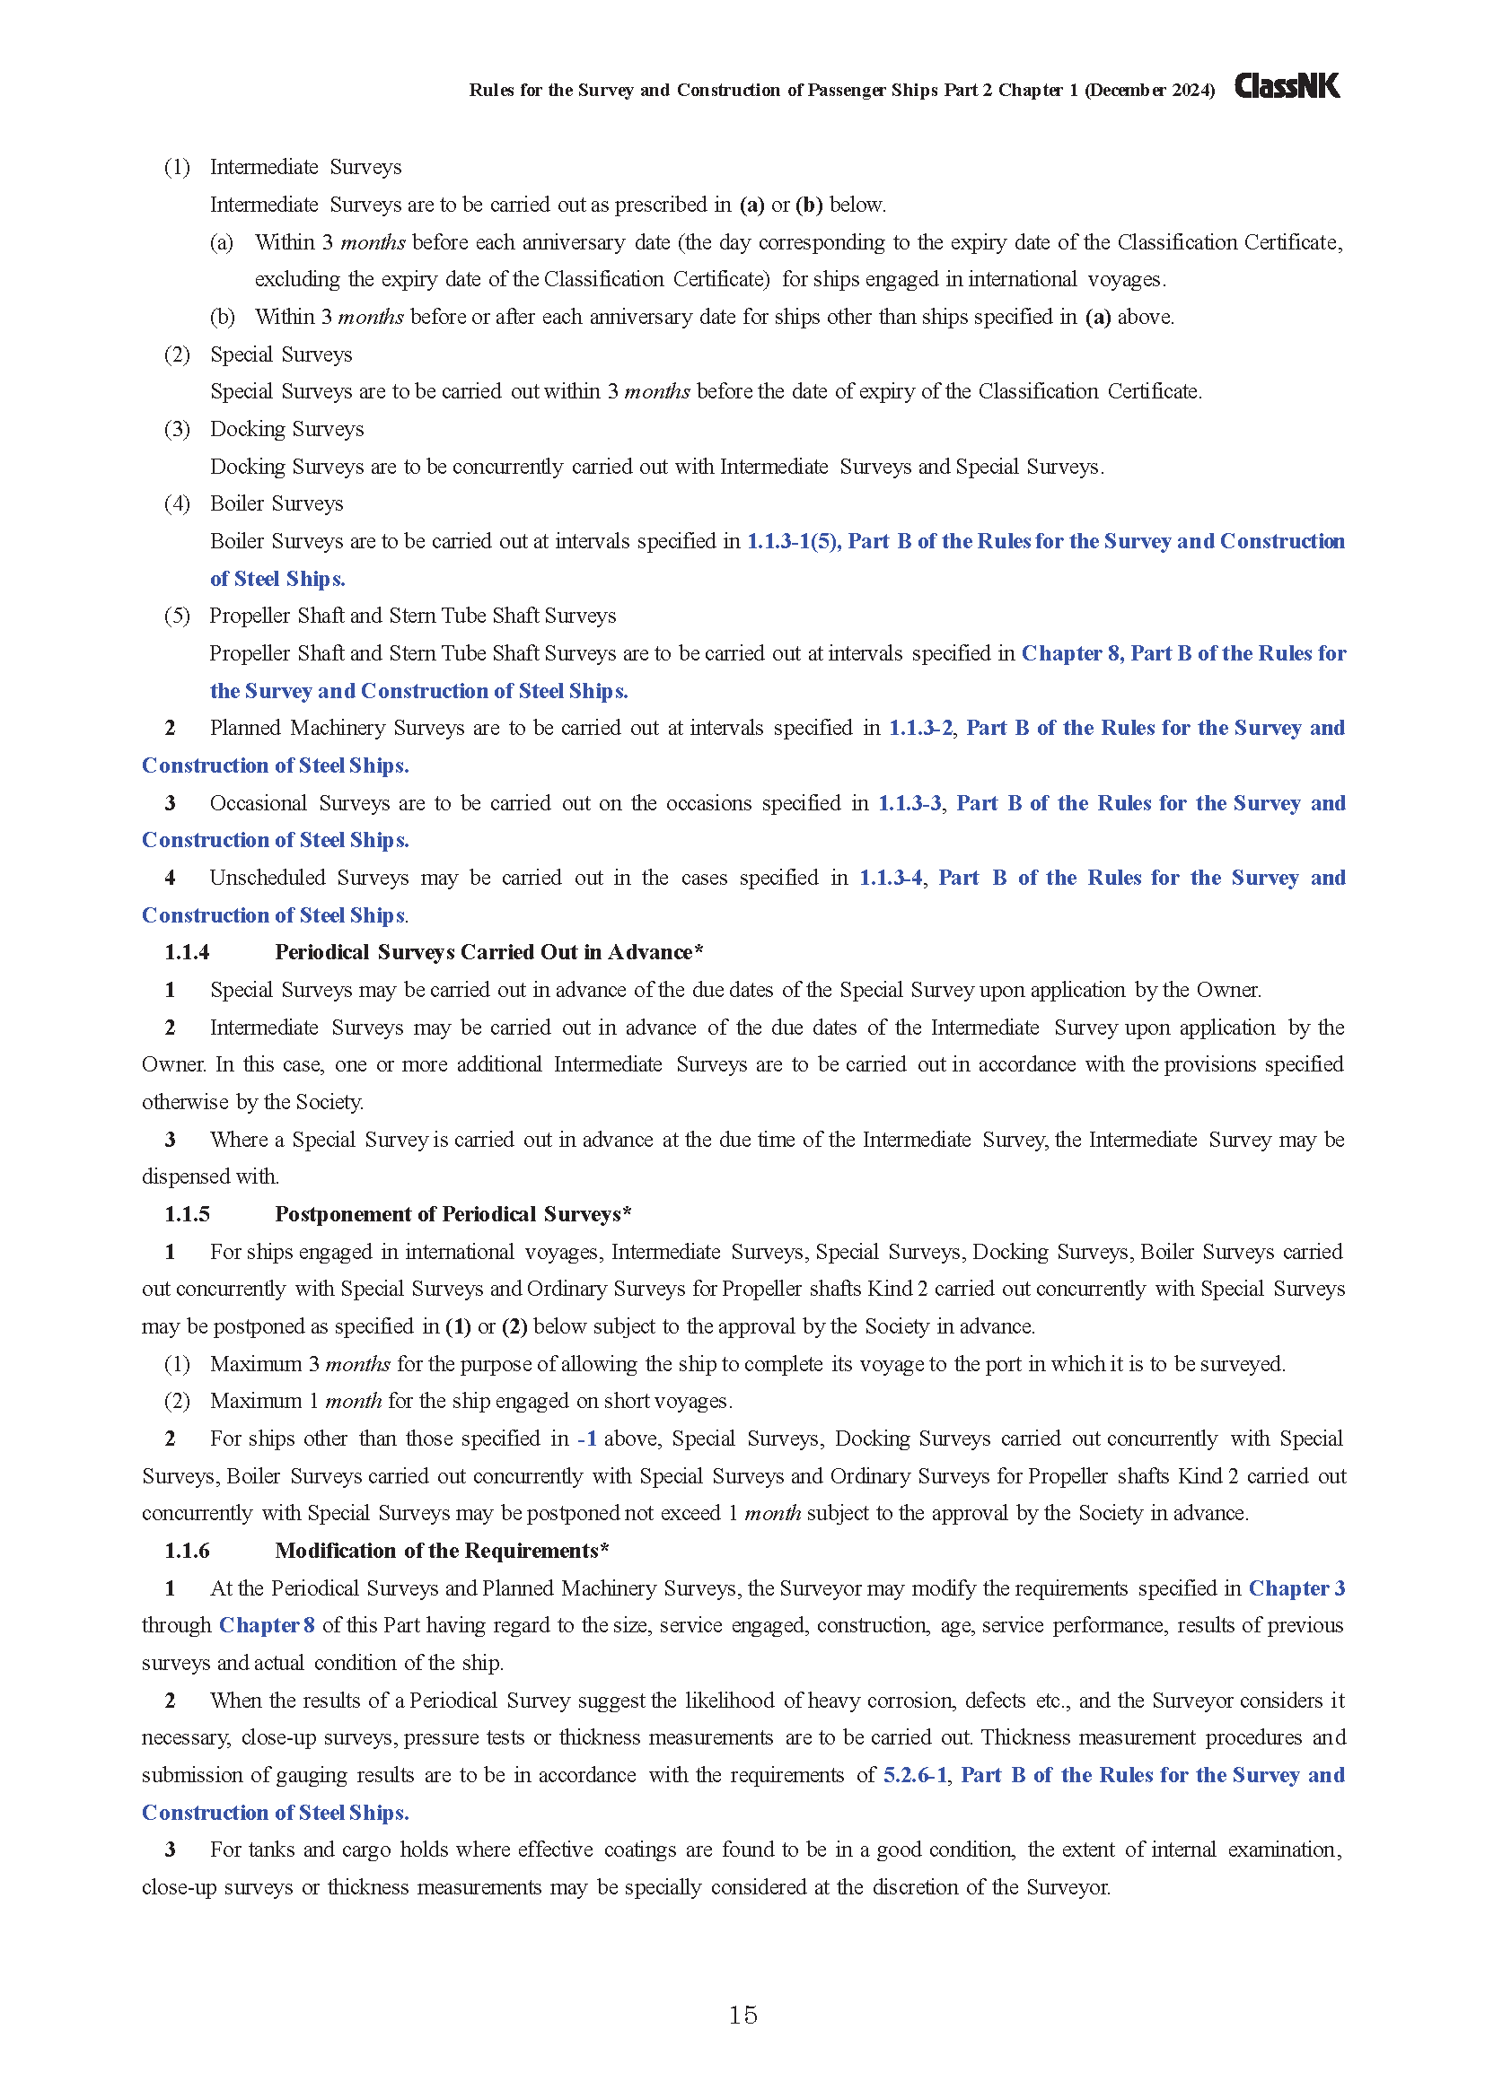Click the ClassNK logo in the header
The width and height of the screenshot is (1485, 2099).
[x=1287, y=87]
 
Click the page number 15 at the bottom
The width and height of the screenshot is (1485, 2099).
[x=742, y=2015]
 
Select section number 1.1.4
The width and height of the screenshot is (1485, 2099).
[x=187, y=953]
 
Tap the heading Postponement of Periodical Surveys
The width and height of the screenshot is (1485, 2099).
[x=453, y=1214]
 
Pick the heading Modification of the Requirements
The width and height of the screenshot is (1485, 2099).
[x=442, y=1551]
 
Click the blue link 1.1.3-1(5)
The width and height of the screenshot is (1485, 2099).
[x=793, y=541]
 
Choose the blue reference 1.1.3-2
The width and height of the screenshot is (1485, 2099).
[x=920, y=728]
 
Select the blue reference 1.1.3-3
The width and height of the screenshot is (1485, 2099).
[x=909, y=802]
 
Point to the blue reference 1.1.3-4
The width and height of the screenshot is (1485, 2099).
[x=890, y=878]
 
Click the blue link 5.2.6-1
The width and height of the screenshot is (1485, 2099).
[x=914, y=1774]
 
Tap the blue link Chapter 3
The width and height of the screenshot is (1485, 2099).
[x=1296, y=1588]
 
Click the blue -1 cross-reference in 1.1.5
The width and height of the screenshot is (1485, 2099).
[x=587, y=1438]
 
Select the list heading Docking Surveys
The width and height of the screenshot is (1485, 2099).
[x=286, y=429]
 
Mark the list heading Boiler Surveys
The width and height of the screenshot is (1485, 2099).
[x=277, y=503]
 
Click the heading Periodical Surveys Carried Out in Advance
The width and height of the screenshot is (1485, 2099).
[x=488, y=953]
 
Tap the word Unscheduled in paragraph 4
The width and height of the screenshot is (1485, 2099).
[x=267, y=878]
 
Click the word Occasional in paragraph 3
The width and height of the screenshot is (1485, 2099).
[x=258, y=802]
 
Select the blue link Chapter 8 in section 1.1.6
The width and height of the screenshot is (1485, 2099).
[x=267, y=1624]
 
